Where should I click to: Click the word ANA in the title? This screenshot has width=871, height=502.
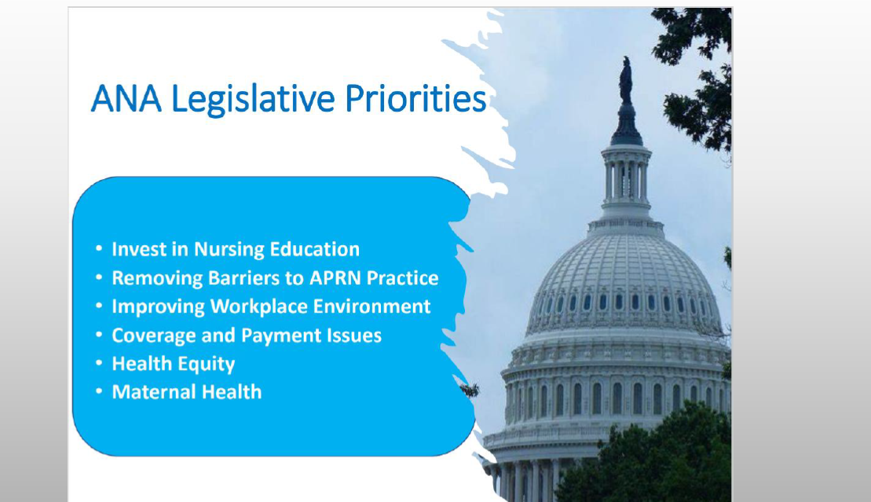[126, 98]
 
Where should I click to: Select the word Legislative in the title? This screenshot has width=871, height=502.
[253, 101]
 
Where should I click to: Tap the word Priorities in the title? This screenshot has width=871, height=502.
[415, 98]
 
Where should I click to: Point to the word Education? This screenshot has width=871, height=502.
[315, 249]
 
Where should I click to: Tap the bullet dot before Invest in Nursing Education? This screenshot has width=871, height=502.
[99, 248]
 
